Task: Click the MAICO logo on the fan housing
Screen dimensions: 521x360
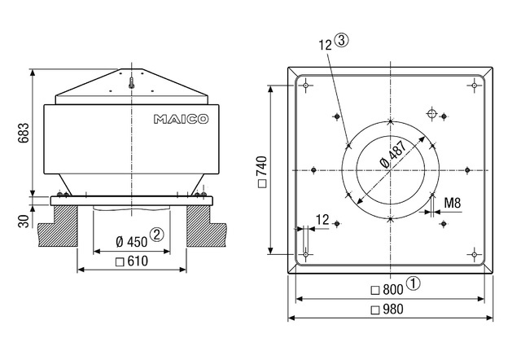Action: point(181,119)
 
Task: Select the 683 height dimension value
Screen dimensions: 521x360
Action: point(24,133)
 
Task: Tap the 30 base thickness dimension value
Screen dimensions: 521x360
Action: point(24,221)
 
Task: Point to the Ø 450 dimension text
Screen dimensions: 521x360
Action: point(132,242)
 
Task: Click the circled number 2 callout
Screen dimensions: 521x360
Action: point(157,235)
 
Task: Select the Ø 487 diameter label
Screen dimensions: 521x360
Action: point(393,154)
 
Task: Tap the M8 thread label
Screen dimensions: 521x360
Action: point(453,203)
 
